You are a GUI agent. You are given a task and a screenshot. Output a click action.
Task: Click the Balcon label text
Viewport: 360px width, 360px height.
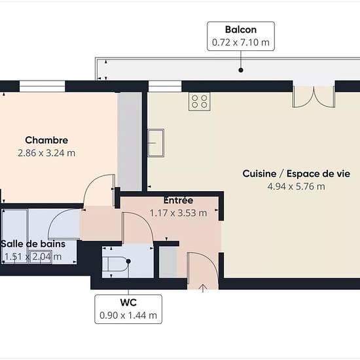[x=241, y=29]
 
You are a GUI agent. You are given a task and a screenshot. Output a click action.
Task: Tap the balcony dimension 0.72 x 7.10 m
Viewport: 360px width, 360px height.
[x=241, y=43]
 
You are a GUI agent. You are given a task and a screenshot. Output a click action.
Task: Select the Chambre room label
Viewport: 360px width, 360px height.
[x=46, y=140]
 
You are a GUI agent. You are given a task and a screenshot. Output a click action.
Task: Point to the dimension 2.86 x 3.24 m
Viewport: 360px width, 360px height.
[x=46, y=153]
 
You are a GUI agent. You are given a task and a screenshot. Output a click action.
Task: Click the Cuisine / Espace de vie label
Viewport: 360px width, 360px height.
[x=296, y=173]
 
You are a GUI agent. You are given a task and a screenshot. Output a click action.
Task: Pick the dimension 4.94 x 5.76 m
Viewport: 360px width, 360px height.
[x=296, y=187]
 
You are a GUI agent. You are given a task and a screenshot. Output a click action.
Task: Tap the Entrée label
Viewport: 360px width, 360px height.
[x=178, y=200]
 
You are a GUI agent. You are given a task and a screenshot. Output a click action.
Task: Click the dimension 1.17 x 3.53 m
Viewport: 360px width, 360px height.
[x=178, y=213]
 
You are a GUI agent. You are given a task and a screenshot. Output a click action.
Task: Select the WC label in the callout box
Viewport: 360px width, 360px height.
[x=128, y=302]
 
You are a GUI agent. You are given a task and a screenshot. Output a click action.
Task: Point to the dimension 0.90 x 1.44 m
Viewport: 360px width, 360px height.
[x=128, y=315]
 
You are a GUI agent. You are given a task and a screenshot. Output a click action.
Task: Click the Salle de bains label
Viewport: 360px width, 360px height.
[x=33, y=244]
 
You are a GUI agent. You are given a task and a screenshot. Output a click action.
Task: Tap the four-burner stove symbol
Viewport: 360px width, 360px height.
[x=199, y=101]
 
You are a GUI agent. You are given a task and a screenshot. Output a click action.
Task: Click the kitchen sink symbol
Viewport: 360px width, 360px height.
[x=156, y=143]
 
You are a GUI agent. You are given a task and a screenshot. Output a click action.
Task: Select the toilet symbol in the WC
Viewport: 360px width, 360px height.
[x=117, y=264]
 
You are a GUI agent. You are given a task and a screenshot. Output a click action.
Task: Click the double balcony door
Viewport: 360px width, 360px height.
[x=314, y=96]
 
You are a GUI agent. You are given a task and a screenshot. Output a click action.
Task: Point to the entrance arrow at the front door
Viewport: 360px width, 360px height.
[x=203, y=288]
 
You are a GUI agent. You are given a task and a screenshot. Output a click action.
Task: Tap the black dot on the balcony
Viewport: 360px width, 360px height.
[x=241, y=70]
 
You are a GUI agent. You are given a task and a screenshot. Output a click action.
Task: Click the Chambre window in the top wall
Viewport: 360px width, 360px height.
[x=43, y=86]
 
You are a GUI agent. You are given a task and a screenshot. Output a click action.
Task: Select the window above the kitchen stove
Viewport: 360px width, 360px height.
[x=165, y=86]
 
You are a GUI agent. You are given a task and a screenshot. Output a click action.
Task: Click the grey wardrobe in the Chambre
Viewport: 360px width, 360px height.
[x=130, y=141]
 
